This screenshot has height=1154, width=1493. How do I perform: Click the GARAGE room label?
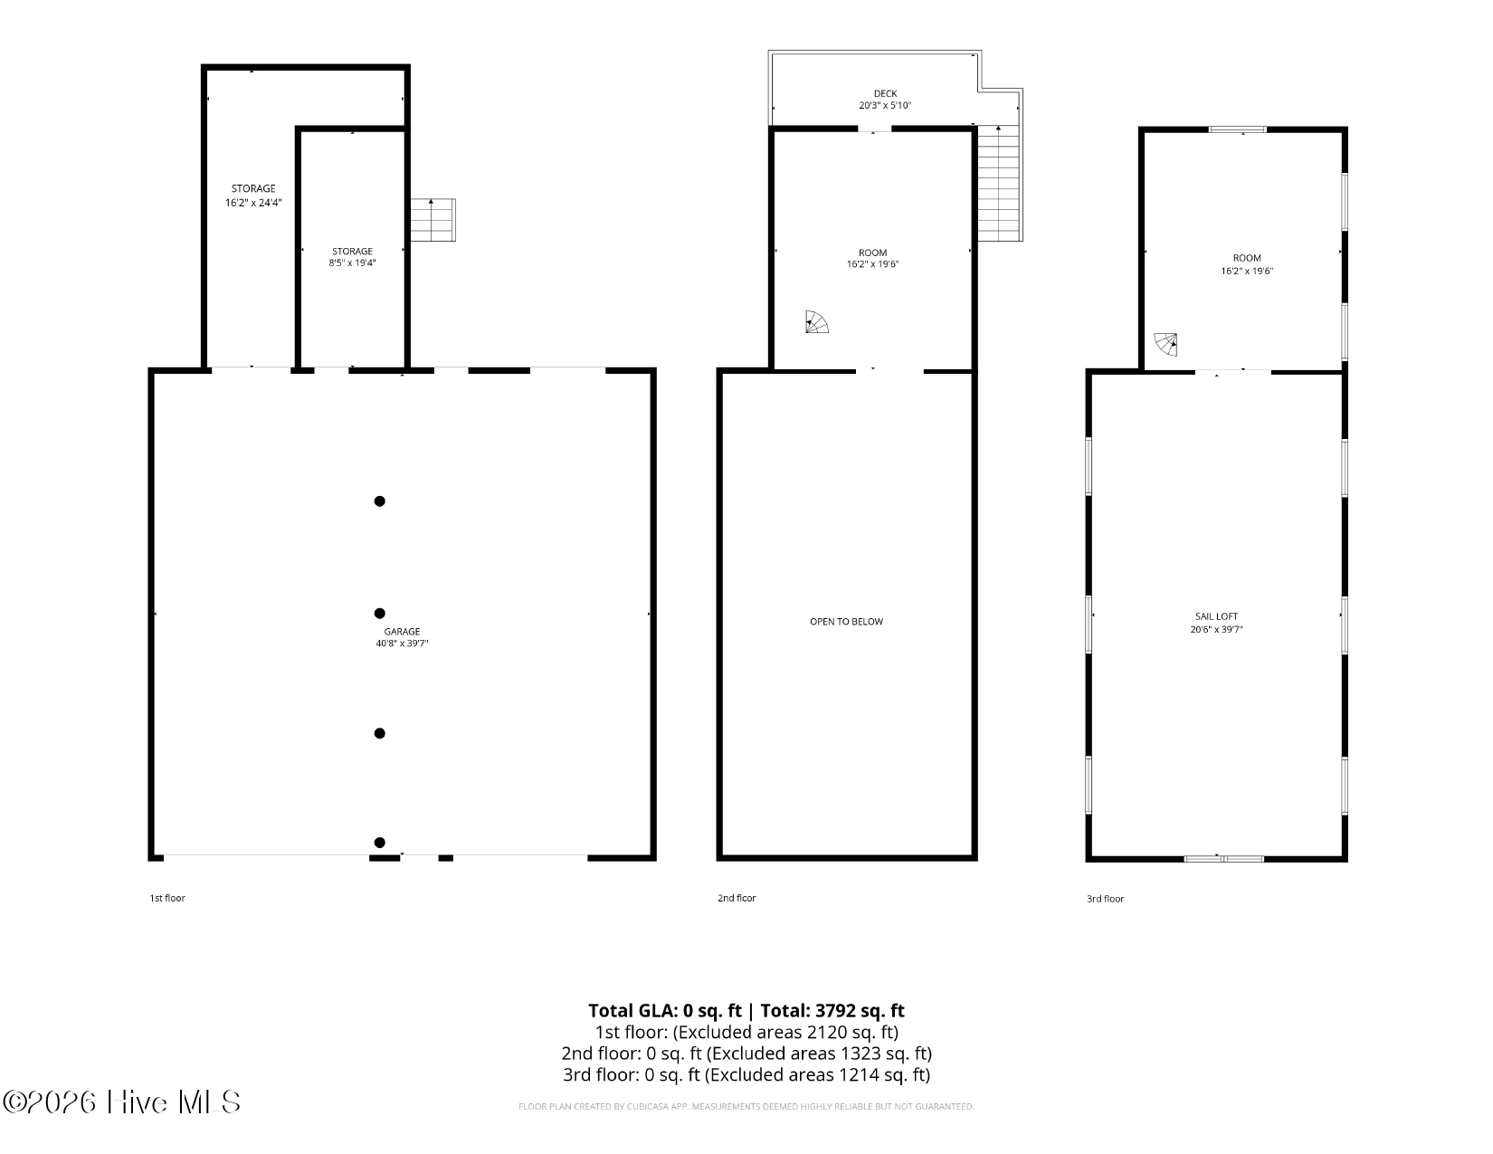tap(402, 631)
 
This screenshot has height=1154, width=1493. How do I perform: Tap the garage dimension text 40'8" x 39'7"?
tap(402, 644)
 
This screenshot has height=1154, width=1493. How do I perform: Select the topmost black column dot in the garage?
tap(379, 501)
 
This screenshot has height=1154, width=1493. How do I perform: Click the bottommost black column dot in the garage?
tap(379, 842)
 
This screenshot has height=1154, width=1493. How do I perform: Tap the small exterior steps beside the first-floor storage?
tap(433, 220)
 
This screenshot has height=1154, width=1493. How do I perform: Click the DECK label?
tap(885, 93)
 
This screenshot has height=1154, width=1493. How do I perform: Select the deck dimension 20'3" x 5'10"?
tap(885, 105)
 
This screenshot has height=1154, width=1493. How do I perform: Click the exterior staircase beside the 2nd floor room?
tap(999, 184)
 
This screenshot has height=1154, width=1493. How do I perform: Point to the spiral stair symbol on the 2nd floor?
tap(817, 321)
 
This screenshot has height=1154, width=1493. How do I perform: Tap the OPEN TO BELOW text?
tap(846, 621)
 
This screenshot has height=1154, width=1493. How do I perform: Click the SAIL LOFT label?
tap(1216, 616)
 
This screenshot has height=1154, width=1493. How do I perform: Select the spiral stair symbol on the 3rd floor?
tap(1166, 344)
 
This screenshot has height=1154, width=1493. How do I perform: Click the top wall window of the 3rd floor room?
tap(1238, 129)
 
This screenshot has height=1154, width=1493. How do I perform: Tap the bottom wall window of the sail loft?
tap(1223, 858)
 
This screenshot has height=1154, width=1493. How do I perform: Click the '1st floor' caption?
tap(167, 898)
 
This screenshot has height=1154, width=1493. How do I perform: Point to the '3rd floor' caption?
tap(1106, 899)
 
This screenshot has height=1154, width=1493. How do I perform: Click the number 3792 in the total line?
tap(835, 1010)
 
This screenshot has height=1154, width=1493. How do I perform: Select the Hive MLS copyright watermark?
tap(121, 1102)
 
